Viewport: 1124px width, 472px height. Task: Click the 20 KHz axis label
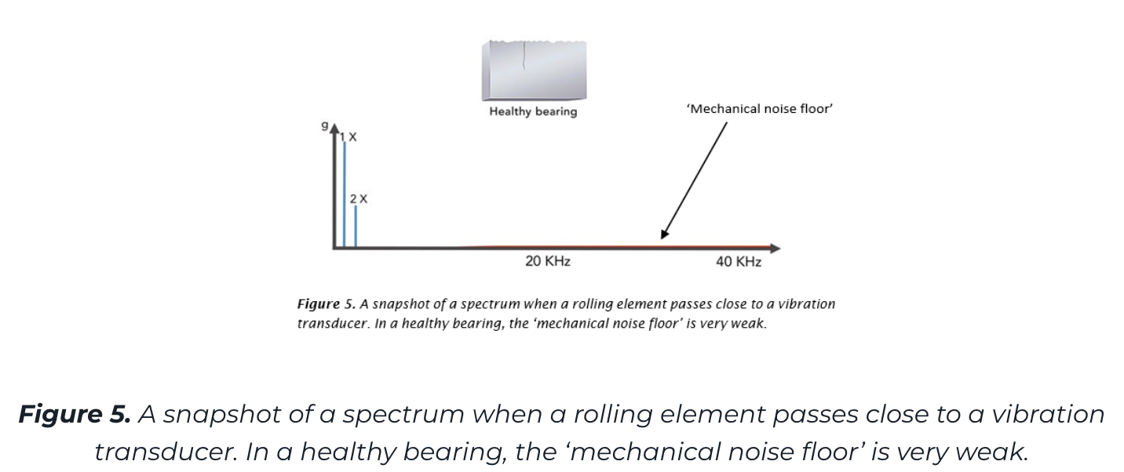tap(547, 262)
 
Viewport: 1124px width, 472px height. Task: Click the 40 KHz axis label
tap(738, 262)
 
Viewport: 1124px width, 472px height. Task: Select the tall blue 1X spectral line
tap(345, 196)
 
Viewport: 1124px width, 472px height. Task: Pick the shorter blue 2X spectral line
tap(356, 227)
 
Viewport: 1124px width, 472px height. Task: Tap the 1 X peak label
tap(349, 137)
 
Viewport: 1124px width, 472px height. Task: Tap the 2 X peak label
tap(359, 199)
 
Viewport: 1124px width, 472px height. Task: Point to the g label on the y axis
tap(324, 125)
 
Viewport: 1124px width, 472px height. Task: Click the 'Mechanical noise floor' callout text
tap(759, 109)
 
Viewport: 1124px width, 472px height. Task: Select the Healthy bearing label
tap(533, 111)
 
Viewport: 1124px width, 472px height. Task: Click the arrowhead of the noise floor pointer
tap(664, 233)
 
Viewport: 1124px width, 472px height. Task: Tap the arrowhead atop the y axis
tap(335, 130)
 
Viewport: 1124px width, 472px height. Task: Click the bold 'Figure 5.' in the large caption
tap(75, 414)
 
